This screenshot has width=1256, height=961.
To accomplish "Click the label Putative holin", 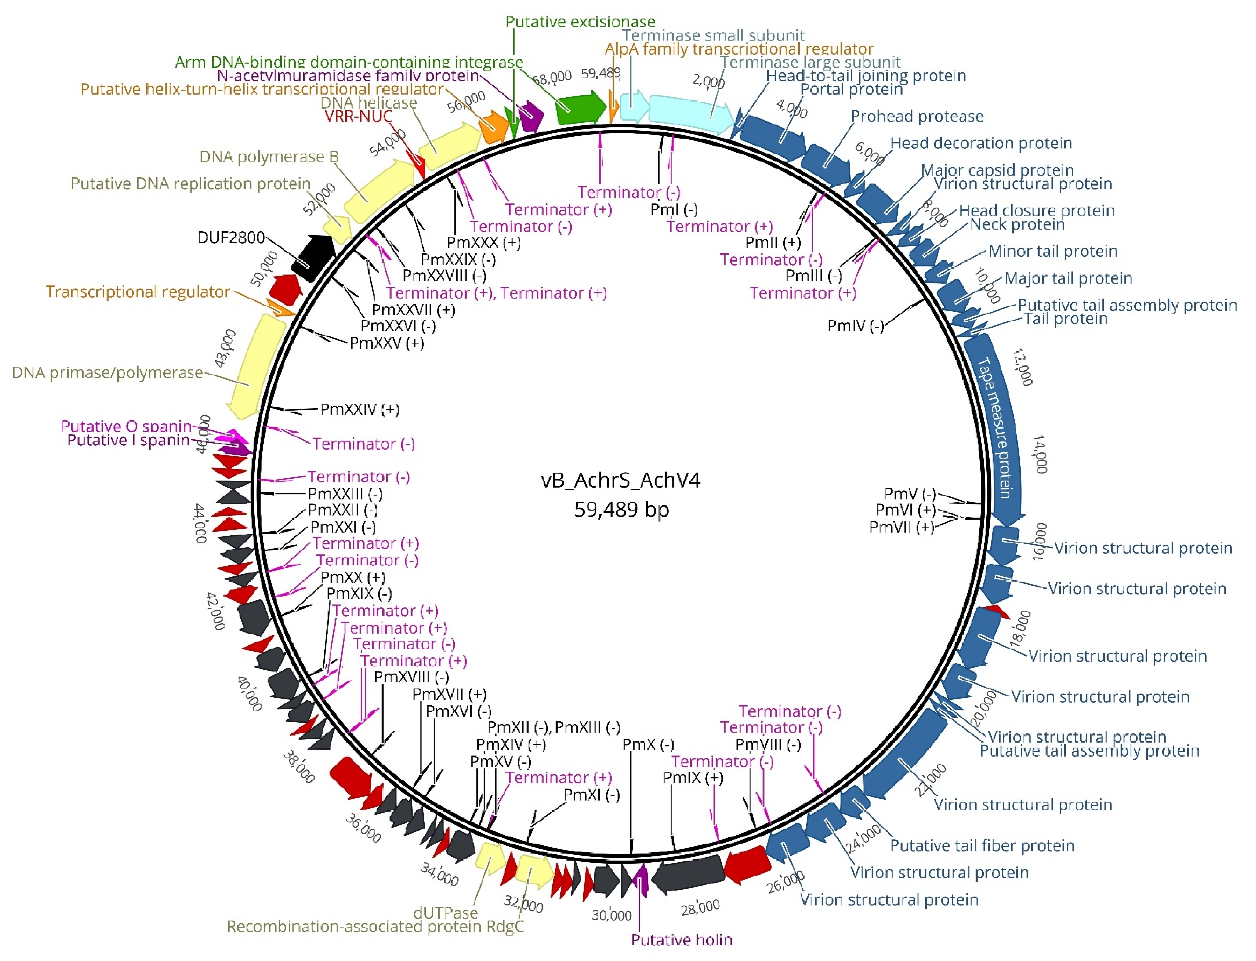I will tap(681, 940).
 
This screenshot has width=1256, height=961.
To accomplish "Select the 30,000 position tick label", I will tap(611, 915).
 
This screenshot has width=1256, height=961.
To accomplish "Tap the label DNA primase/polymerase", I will tap(107, 372).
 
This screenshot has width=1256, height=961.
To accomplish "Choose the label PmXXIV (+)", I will tap(359, 410).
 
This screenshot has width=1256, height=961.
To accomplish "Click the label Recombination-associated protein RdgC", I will tap(375, 927).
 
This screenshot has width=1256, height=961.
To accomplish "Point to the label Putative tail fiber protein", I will tap(982, 845).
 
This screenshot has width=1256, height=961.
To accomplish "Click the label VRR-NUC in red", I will tap(358, 116).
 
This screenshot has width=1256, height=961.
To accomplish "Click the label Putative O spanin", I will tap(126, 426).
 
